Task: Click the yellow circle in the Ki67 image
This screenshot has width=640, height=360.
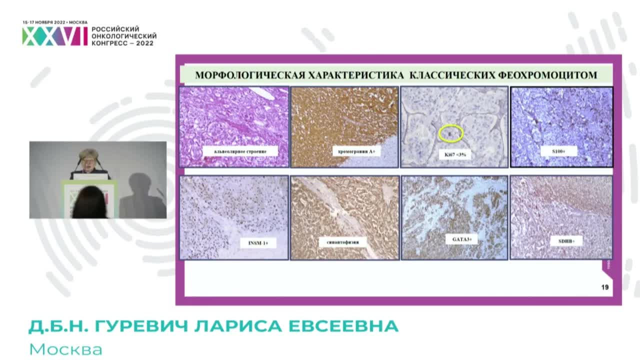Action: [451, 133]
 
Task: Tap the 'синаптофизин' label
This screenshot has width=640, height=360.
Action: [343, 242]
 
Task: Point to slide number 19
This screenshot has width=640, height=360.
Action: [604, 287]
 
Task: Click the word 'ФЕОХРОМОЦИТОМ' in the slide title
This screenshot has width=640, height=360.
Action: [548, 75]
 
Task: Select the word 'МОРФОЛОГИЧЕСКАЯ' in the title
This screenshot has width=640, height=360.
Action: [249, 75]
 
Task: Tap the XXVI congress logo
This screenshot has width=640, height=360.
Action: [54, 36]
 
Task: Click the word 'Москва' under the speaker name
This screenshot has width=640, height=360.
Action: [66, 349]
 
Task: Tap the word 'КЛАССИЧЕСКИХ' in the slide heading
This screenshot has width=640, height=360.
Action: [452, 75]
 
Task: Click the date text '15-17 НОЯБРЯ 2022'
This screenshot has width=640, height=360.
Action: [44, 22]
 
